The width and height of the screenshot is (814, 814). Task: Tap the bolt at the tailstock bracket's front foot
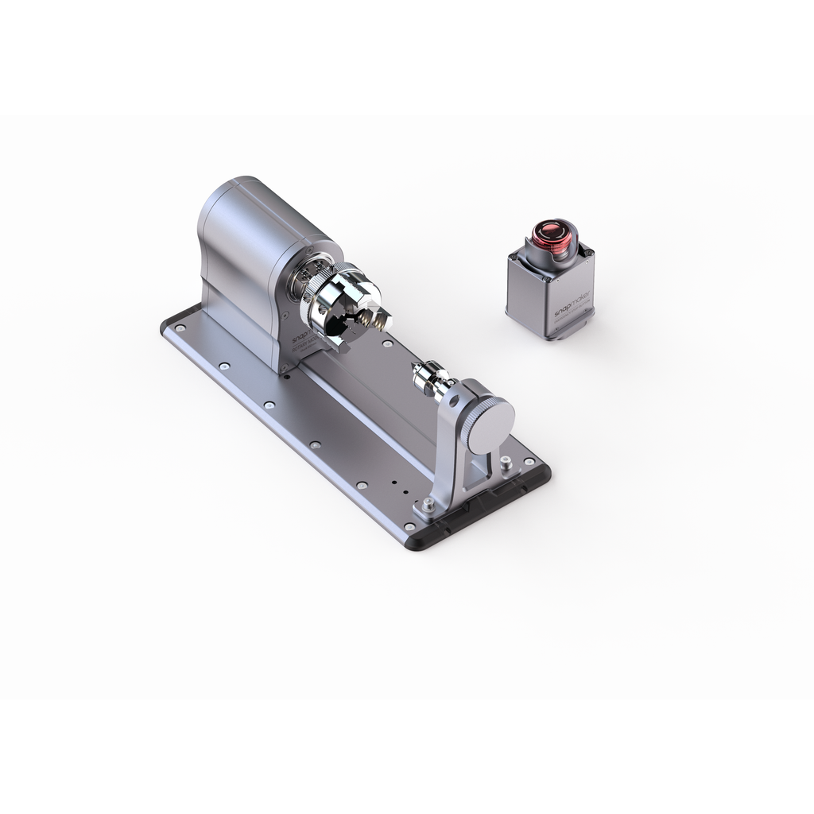pyautogui.click(x=428, y=503)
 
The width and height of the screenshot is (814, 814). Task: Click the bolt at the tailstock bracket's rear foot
pyautogui.click(x=507, y=462)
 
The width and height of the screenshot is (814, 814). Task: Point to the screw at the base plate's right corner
pyautogui.click(x=528, y=460)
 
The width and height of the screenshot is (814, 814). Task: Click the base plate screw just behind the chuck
pyautogui.click(x=387, y=344)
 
